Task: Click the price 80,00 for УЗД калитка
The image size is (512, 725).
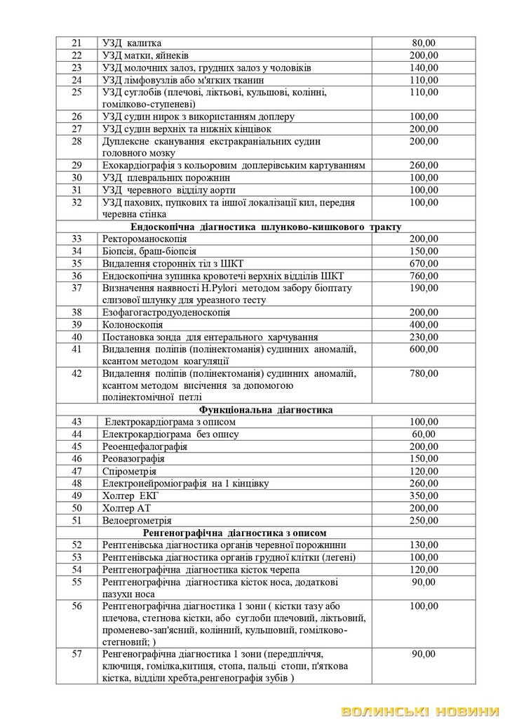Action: pos(424,43)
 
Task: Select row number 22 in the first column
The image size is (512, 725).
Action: pos(77,55)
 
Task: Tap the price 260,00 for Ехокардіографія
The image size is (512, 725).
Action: pos(424,165)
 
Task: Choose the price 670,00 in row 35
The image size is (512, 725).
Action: pos(424,263)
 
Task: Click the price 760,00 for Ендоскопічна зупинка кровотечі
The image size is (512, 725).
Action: pos(424,275)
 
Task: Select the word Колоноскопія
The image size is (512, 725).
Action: pos(133,325)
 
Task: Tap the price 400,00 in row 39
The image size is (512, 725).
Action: pos(424,325)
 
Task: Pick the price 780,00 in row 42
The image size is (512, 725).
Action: pos(424,373)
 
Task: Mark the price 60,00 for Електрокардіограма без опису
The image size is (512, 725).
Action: pos(424,434)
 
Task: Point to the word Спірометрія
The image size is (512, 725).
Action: pos(130,471)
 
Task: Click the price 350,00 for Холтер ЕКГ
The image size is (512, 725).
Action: pos(424,495)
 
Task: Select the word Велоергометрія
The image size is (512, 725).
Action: pos(137,520)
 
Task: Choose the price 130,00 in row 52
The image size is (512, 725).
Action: pos(424,545)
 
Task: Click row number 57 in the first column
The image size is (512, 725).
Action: pos(77,655)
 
